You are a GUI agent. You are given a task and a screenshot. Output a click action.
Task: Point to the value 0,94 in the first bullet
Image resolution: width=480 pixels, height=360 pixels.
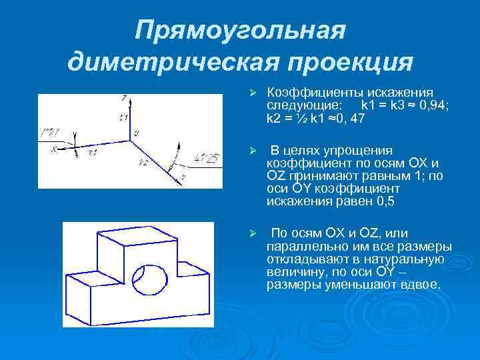419,105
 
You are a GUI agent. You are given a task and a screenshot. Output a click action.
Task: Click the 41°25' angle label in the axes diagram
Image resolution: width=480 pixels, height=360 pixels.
199,158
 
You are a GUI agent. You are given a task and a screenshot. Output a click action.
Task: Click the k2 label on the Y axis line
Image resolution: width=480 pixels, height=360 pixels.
143,162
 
